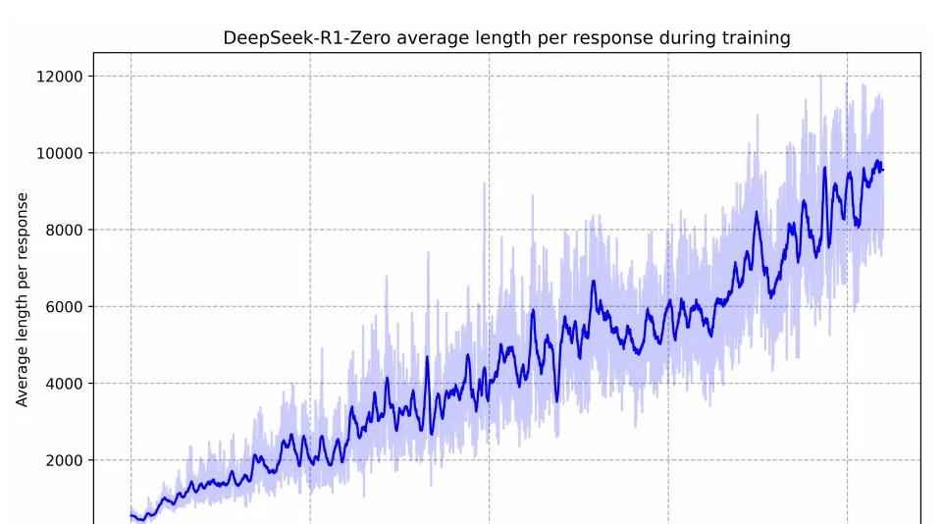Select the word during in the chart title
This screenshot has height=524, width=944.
683,39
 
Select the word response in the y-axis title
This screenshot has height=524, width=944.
22,227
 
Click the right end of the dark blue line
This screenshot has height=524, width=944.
883,171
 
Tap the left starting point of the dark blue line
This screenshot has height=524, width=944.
131,515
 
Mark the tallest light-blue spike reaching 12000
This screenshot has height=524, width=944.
820,77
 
